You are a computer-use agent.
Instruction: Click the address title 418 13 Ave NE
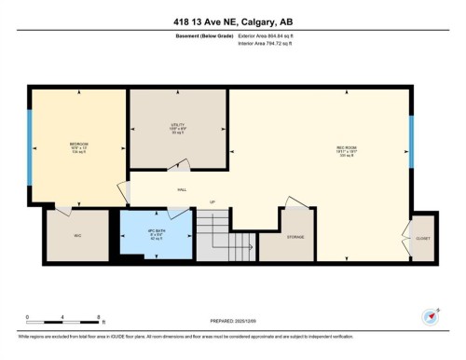[233, 22]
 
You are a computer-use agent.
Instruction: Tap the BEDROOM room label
[78, 144]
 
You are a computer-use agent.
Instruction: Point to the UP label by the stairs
[212, 202]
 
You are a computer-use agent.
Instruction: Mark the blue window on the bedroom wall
[29, 144]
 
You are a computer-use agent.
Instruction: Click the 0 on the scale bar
[28, 317]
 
